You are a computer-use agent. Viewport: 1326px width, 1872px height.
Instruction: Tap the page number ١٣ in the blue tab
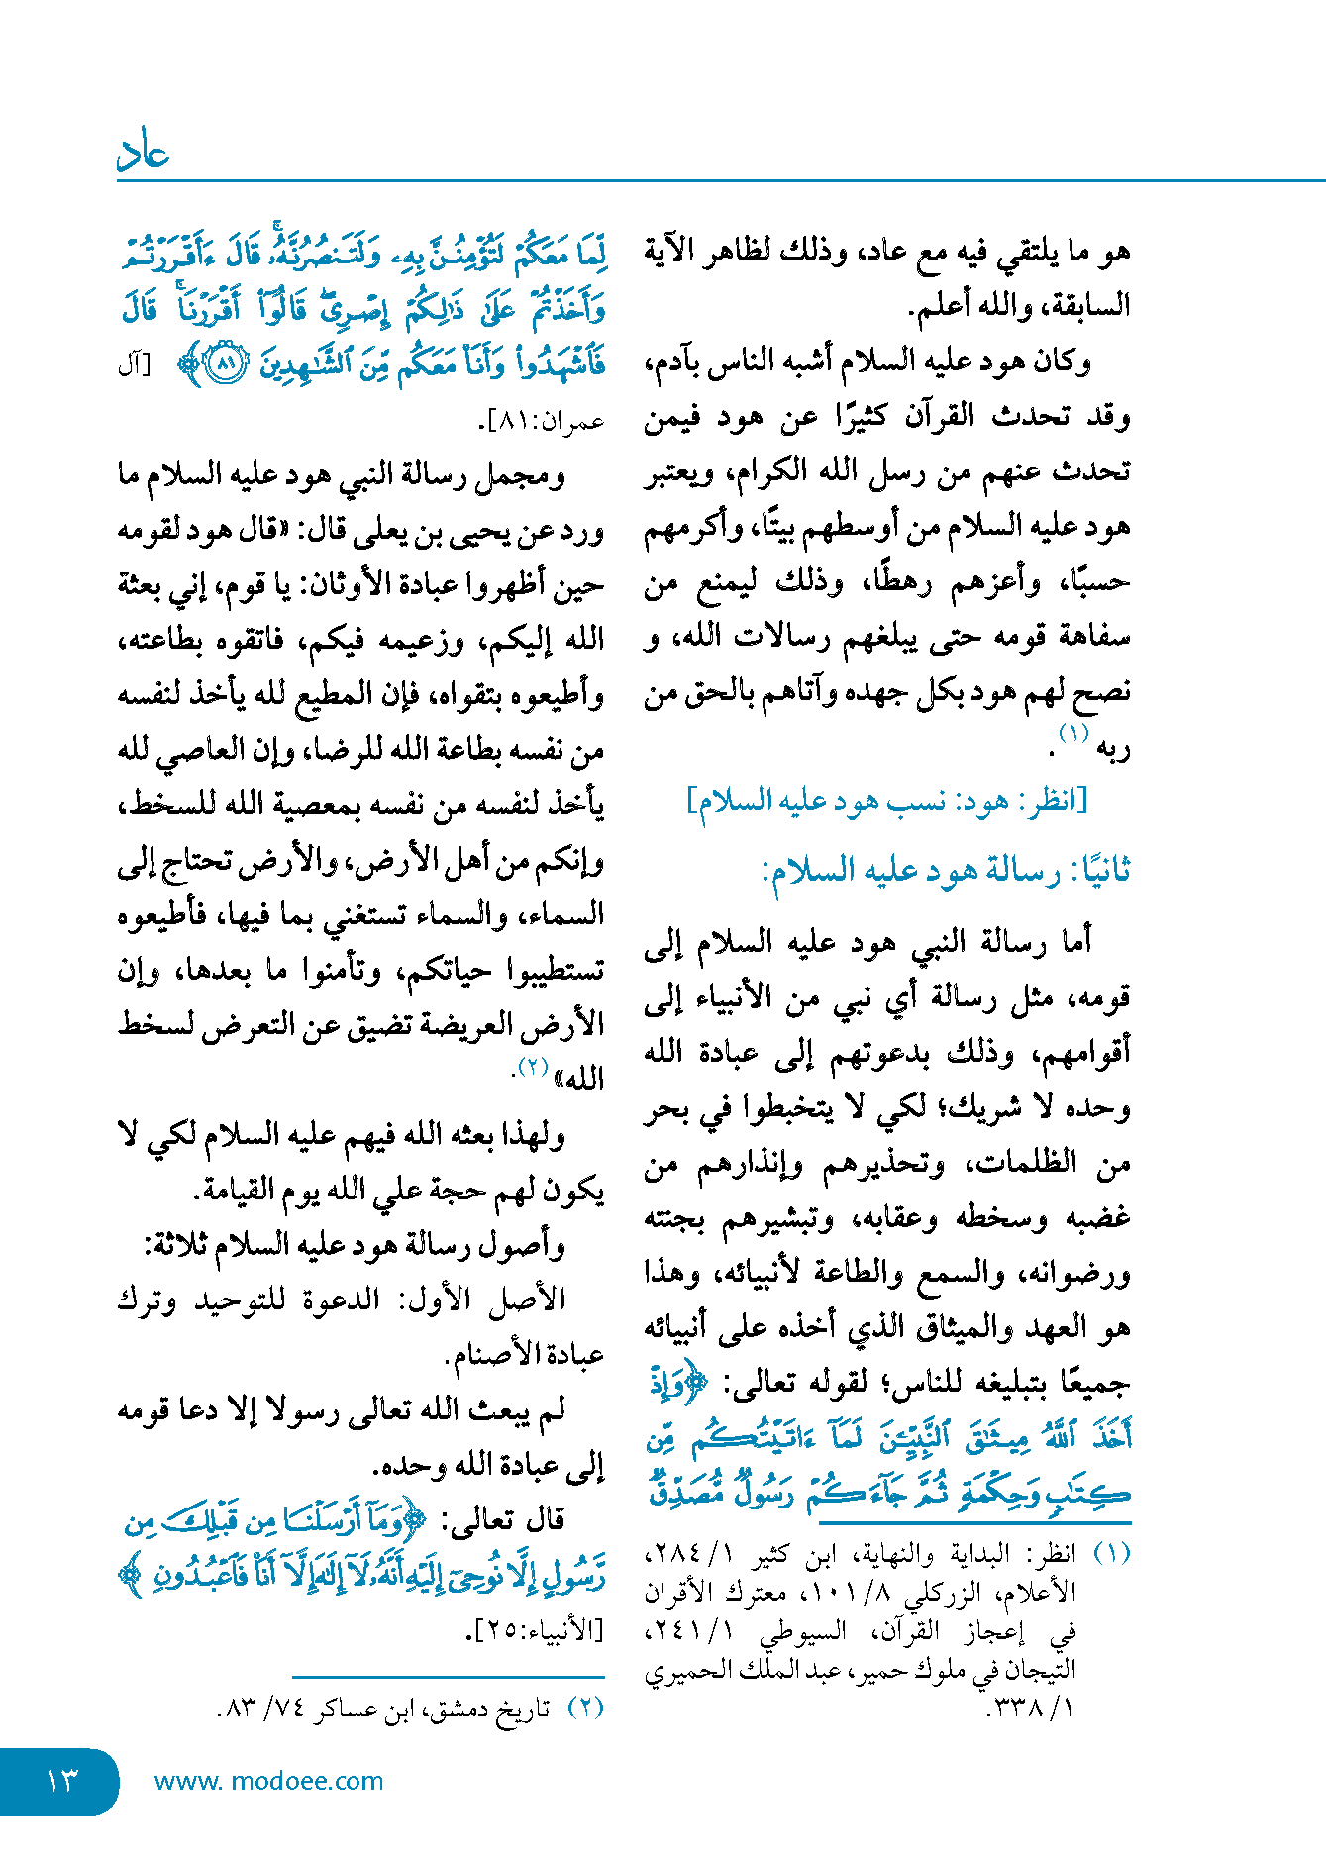61,1781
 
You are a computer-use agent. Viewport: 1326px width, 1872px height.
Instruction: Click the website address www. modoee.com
268,1781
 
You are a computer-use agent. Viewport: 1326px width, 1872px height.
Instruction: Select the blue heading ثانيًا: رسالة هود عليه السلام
946,871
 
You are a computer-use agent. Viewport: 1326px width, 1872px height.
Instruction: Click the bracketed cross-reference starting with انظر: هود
887,800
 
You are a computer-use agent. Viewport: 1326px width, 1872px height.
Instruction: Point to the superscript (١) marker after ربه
1073,734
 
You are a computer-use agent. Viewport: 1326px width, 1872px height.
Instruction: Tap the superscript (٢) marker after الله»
533,1068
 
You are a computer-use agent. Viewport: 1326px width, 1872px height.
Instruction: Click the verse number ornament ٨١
227,364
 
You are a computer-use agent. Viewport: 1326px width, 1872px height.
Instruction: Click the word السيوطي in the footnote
803,1630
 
